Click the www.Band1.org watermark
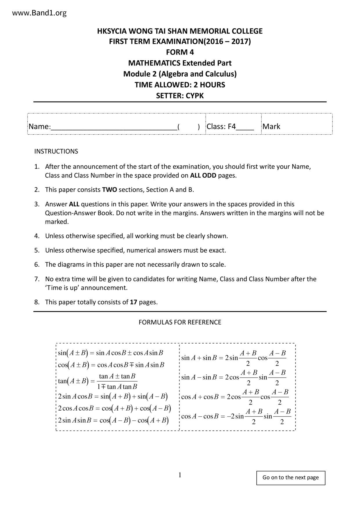[39, 13]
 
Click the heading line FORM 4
[180, 52]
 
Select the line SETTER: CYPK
[180, 96]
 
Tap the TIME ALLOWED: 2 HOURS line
[180, 85]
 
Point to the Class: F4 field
[230, 127]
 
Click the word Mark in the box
[271, 127]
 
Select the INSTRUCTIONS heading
[56, 151]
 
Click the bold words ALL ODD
[203, 176]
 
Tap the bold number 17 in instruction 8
[133, 302]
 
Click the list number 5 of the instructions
[37, 250]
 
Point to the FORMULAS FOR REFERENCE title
[180, 322]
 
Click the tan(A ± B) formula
[98, 381]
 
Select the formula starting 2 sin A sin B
[113, 420]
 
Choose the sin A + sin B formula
[234, 358]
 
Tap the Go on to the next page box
[291, 477]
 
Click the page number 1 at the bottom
[180, 475]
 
